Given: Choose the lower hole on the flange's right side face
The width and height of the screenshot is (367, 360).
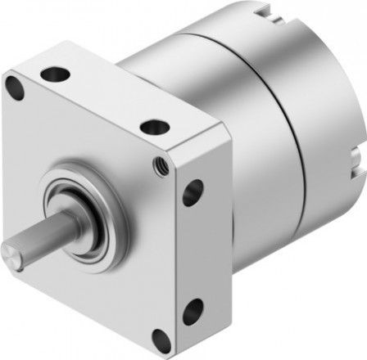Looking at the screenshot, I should point(193,311).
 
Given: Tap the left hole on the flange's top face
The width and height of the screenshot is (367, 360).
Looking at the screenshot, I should point(55,74).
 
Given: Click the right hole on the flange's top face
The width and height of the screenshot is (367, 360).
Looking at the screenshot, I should point(154,127).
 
